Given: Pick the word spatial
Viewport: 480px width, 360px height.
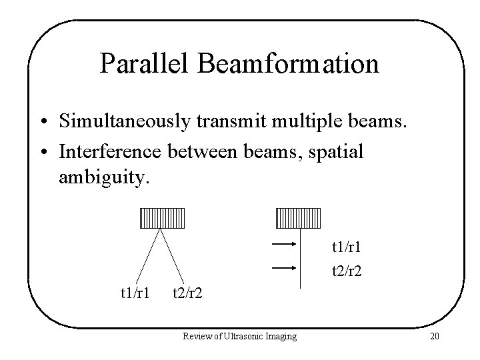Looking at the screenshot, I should (338, 152).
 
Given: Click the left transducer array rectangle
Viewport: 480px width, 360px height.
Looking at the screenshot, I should (161, 217).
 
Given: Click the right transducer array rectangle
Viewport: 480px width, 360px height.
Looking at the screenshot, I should (299, 217).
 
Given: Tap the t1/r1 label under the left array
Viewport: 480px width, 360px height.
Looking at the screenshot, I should (134, 293).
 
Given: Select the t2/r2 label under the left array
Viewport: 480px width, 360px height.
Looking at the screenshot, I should (188, 293).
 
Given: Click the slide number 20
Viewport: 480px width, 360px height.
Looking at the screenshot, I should (435, 336).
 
